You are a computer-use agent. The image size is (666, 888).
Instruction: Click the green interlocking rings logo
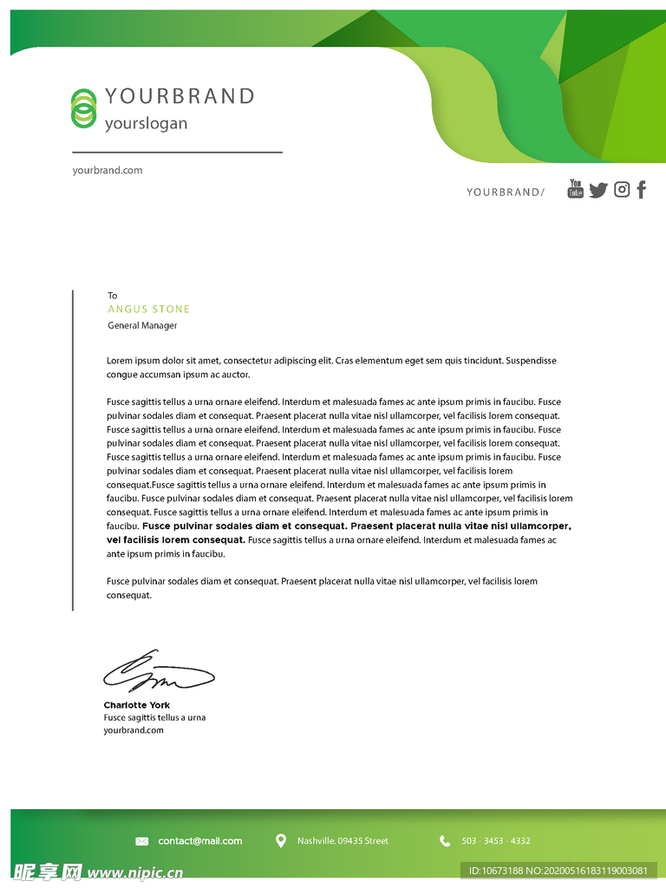click(x=83, y=108)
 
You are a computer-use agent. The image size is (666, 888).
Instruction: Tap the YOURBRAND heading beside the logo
click(x=180, y=96)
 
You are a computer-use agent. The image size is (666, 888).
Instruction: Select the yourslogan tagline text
click(x=146, y=123)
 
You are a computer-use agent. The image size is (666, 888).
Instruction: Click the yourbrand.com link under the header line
click(x=108, y=170)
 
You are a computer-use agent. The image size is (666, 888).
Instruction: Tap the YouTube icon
click(x=576, y=188)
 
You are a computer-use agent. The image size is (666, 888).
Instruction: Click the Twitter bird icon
click(x=598, y=190)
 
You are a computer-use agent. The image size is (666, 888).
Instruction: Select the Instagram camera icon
click(x=622, y=189)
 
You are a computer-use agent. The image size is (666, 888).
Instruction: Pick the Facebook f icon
click(x=642, y=189)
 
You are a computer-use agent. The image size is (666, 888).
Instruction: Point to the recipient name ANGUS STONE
click(x=148, y=309)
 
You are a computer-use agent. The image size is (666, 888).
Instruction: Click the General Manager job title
click(x=142, y=325)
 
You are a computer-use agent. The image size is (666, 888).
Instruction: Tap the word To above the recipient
click(x=112, y=296)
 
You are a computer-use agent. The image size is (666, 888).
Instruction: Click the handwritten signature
click(x=158, y=672)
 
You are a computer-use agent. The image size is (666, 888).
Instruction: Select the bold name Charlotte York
click(x=137, y=705)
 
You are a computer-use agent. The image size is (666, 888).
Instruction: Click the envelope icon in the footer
click(x=142, y=841)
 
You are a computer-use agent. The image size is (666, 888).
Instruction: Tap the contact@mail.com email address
click(x=200, y=841)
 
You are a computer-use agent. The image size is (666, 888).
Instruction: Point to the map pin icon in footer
click(x=281, y=840)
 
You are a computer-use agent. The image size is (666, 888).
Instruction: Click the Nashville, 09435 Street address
click(x=343, y=841)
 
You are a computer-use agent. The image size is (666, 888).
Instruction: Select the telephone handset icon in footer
click(x=445, y=841)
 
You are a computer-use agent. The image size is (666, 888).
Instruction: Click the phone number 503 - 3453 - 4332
click(x=496, y=841)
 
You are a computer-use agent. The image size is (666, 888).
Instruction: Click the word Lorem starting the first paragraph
click(x=120, y=361)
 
